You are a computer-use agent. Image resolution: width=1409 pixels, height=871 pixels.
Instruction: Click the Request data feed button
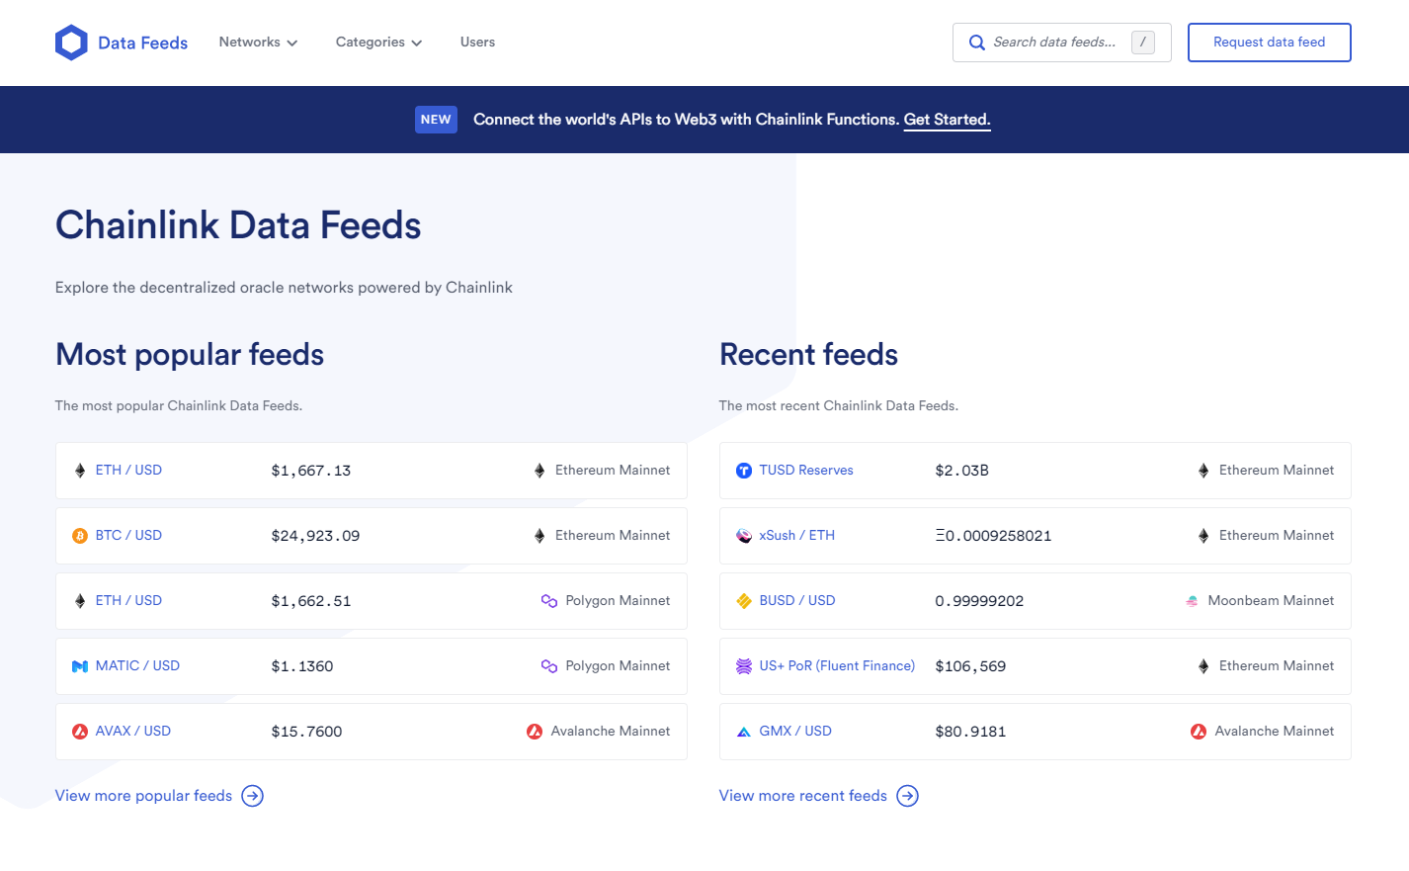point(1269,43)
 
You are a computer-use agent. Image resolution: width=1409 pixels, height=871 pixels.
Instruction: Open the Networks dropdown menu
point(258,43)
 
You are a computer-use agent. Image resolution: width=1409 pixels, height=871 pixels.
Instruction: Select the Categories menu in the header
point(378,43)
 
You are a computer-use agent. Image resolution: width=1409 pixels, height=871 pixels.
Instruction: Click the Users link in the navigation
point(477,43)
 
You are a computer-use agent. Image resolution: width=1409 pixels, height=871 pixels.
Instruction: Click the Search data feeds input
point(1053,43)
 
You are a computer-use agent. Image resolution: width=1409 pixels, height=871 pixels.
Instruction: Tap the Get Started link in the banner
point(947,120)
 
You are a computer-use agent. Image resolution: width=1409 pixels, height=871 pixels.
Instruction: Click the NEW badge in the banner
point(436,120)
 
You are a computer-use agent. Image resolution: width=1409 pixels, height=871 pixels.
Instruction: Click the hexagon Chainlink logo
point(71,43)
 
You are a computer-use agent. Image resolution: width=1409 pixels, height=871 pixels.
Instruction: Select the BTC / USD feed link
point(128,536)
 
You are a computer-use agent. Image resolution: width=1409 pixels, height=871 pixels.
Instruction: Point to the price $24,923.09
point(315,536)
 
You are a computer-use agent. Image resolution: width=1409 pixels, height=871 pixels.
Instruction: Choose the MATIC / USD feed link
point(137,666)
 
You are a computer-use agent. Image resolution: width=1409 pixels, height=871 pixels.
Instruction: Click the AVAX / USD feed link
point(132,732)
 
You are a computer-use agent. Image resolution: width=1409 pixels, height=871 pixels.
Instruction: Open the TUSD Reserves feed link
point(805,471)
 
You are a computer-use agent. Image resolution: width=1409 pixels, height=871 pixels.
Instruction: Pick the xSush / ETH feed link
point(796,536)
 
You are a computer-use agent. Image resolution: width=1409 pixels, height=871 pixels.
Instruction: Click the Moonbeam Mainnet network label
point(1270,601)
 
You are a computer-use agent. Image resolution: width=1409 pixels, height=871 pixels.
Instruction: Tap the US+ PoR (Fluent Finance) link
point(837,666)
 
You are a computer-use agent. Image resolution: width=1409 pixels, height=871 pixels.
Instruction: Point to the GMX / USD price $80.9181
point(970,732)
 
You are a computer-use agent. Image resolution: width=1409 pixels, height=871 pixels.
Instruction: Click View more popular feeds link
point(143,796)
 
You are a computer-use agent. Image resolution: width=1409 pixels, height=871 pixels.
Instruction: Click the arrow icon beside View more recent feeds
point(907,796)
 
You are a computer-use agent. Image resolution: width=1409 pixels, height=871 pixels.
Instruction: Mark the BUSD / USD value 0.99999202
point(979,601)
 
